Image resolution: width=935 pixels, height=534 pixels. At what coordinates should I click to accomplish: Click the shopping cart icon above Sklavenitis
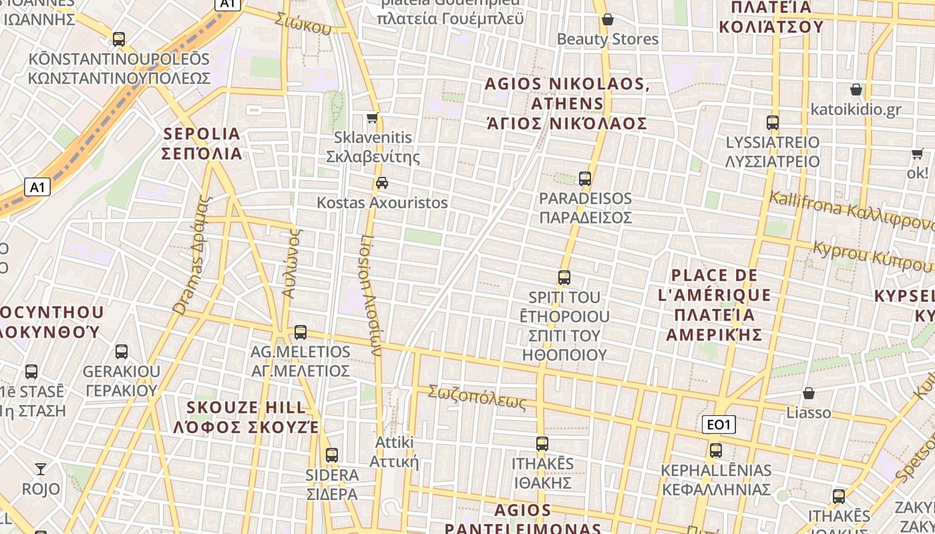(373, 118)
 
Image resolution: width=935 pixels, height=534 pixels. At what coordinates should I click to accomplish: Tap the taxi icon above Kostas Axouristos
(382, 183)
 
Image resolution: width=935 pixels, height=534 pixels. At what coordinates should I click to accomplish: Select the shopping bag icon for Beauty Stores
(608, 20)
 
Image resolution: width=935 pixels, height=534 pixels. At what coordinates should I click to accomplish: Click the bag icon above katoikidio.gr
(856, 89)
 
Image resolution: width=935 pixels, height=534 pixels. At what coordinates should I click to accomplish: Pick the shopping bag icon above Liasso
(809, 393)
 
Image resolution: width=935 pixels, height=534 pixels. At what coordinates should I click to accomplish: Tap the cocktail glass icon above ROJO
(41, 469)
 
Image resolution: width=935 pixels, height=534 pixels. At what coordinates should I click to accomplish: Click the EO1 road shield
(719, 425)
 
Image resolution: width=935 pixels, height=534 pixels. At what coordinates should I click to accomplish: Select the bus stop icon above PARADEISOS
(585, 179)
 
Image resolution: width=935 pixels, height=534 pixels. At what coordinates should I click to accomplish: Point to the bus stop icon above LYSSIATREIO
(773, 123)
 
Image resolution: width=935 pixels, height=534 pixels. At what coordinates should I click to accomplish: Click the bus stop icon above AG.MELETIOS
(301, 332)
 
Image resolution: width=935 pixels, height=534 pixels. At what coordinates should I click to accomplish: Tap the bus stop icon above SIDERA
(332, 455)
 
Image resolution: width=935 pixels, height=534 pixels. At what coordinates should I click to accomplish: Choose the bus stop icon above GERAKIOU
(122, 352)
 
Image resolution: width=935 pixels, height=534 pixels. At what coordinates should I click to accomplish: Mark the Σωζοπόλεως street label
(477, 396)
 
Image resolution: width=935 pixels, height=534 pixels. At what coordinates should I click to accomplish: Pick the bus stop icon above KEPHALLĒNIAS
(716, 451)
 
